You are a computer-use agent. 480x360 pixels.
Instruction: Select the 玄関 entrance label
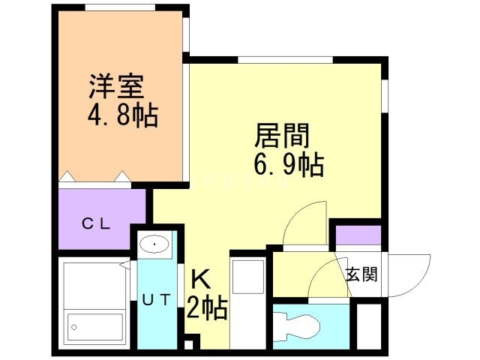pyautogui.click(x=361, y=274)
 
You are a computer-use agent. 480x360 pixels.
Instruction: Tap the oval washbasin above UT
pyautogui.click(x=155, y=244)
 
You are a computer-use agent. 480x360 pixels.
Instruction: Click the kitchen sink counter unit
pyautogui.click(x=247, y=275)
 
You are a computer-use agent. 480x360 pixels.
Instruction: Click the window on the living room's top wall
pyautogui.click(x=286, y=59)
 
